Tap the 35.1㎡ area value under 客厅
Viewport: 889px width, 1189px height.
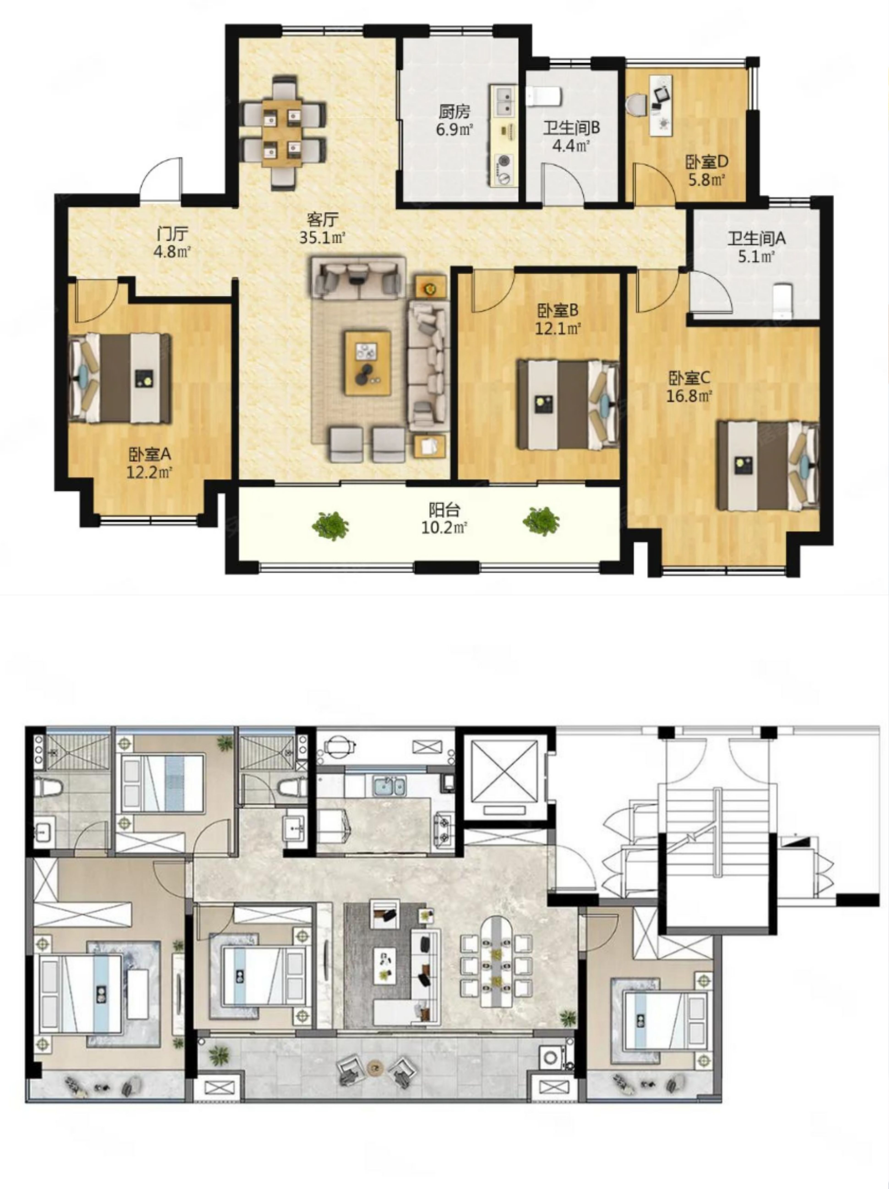click(x=322, y=237)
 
